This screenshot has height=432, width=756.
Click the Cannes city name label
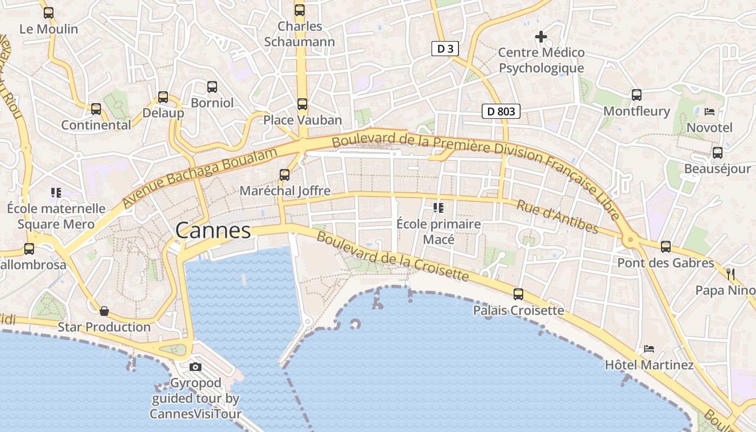point(213,231)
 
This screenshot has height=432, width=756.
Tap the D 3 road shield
point(445,49)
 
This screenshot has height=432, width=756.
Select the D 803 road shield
point(501,112)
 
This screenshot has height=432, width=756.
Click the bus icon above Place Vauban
point(302,104)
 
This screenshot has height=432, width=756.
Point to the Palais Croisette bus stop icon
point(518,294)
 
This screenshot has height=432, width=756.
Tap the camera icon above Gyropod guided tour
point(195,367)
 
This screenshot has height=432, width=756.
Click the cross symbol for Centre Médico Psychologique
point(541,37)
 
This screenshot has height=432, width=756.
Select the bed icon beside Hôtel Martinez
point(649,349)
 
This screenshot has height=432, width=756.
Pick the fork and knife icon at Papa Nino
point(731,274)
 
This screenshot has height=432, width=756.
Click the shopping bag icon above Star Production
point(104,311)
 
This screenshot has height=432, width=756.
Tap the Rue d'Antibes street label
point(557,217)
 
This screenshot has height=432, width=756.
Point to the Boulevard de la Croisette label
point(393,256)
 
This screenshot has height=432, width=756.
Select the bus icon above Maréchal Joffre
point(285,175)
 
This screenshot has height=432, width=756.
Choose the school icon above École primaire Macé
point(438,207)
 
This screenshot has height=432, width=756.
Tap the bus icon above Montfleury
point(637,95)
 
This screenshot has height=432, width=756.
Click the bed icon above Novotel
point(710,112)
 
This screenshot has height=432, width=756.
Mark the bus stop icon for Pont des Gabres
point(666,247)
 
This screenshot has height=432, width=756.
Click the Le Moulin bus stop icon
point(49,13)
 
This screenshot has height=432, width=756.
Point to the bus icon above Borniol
point(212,87)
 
